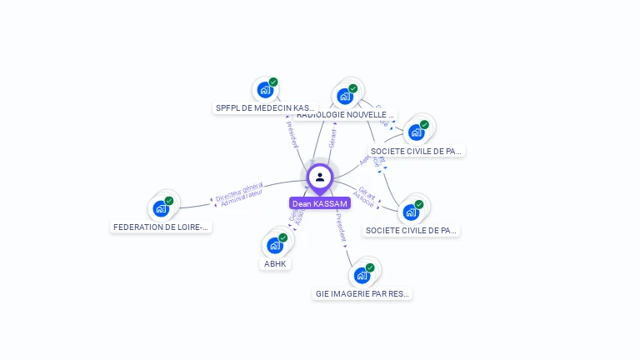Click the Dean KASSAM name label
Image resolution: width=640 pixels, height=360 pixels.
(320, 203)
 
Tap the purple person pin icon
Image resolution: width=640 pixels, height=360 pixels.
(320, 177)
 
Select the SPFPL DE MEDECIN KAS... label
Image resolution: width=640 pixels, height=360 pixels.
(266, 108)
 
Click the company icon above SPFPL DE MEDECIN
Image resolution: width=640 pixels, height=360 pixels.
(265, 89)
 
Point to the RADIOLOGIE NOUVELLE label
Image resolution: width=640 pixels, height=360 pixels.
(345, 115)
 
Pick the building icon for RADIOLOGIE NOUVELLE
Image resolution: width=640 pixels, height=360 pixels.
(345, 96)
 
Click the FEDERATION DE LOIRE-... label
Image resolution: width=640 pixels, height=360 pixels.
(161, 227)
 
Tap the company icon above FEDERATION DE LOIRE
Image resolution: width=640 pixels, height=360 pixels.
(161, 208)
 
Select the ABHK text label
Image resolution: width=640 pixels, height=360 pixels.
(275, 263)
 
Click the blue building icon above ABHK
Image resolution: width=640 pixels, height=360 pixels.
(275, 245)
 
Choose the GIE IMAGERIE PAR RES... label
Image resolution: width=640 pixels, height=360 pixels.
(362, 293)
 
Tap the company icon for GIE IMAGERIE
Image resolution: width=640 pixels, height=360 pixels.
(362, 275)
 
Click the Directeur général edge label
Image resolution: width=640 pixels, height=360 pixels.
(238, 192)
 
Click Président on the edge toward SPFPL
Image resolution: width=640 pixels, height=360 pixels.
(292, 135)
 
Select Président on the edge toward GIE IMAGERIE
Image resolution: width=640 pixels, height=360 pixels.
(341, 227)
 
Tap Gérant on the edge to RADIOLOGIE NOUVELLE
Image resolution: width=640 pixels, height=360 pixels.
(332, 138)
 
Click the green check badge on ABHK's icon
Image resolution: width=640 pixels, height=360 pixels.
(283, 237)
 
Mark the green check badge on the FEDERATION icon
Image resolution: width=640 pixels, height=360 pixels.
(169, 201)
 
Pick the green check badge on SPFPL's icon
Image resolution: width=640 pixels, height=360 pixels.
(273, 82)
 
